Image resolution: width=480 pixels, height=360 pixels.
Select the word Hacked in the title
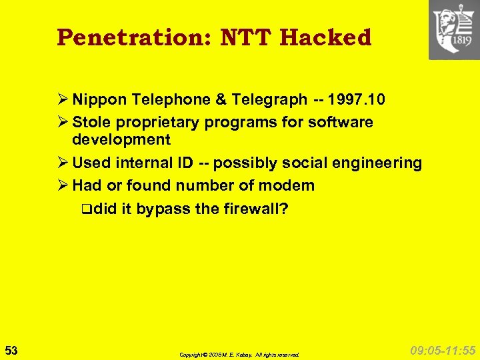point(325,38)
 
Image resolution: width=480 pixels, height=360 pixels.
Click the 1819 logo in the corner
point(453,30)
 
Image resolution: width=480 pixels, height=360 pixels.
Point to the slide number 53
point(11,350)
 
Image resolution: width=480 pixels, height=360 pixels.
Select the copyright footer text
point(239,355)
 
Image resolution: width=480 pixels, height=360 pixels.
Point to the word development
point(121,139)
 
